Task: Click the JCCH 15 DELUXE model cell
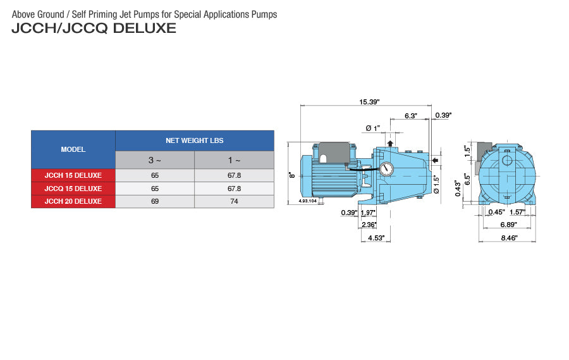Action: [x=73, y=175]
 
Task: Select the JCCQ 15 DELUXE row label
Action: [x=73, y=189]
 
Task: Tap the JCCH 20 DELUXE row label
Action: [x=73, y=201]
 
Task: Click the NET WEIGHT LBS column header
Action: [x=194, y=140]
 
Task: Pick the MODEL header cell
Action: [x=73, y=150]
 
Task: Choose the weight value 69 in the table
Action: [x=155, y=201]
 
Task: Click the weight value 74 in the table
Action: [x=234, y=201]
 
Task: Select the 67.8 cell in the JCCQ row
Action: [x=234, y=189]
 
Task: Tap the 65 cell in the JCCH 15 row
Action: [x=155, y=175]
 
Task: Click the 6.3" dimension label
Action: [x=411, y=116]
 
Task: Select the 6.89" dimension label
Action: [x=507, y=225]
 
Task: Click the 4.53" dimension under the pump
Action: [x=377, y=238]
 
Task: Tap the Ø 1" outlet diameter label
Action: [x=372, y=128]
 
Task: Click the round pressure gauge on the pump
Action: [x=386, y=169]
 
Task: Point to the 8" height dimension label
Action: [x=292, y=175]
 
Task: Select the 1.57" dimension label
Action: [x=518, y=212]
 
